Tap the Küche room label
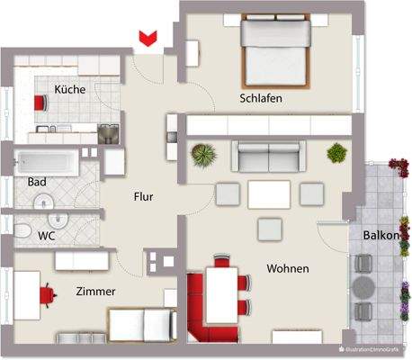[x=69, y=90]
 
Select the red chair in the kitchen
[x=40, y=102]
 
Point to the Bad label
[x=37, y=182]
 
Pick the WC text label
[x=46, y=236]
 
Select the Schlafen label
[x=261, y=98]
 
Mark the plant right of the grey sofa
[x=336, y=152]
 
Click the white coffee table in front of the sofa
[x=269, y=193]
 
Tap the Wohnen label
[x=288, y=268]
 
